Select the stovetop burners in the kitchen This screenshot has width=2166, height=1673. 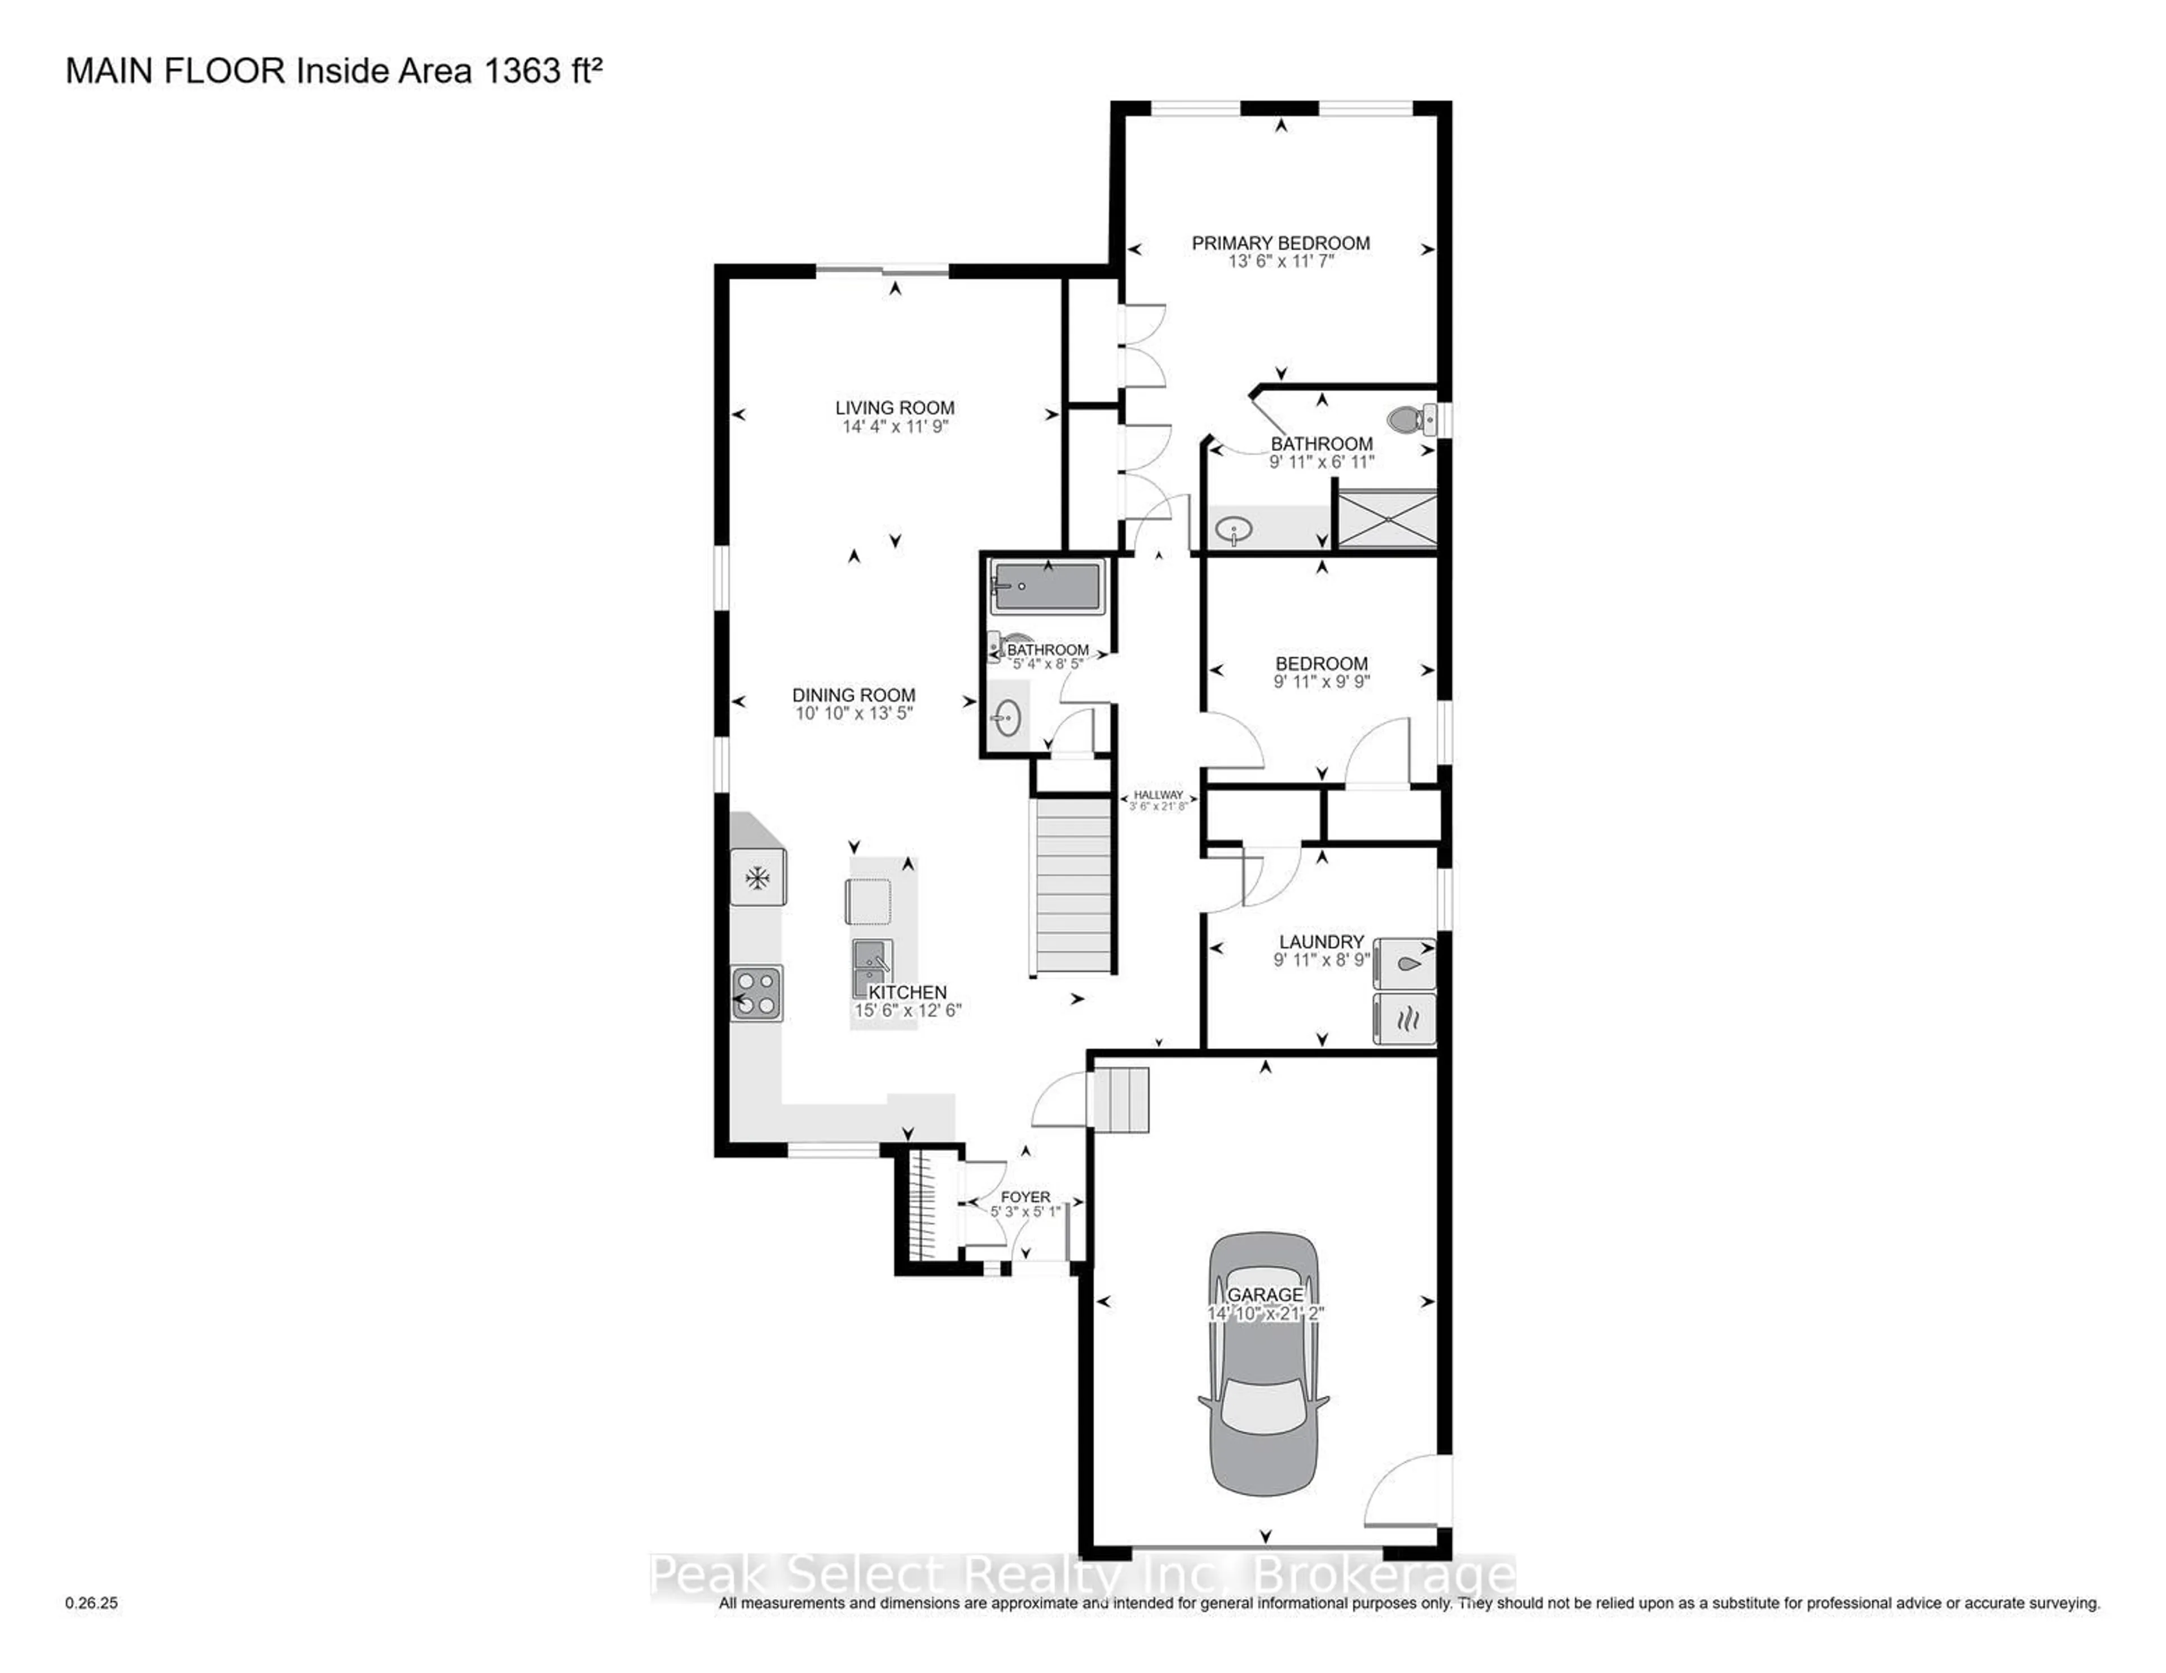(758, 993)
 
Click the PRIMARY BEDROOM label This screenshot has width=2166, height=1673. (1280, 243)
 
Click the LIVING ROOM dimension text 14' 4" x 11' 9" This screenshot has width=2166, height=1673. (895, 426)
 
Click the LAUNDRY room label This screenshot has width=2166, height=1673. (1321, 941)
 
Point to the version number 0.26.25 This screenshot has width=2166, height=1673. (91, 1603)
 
